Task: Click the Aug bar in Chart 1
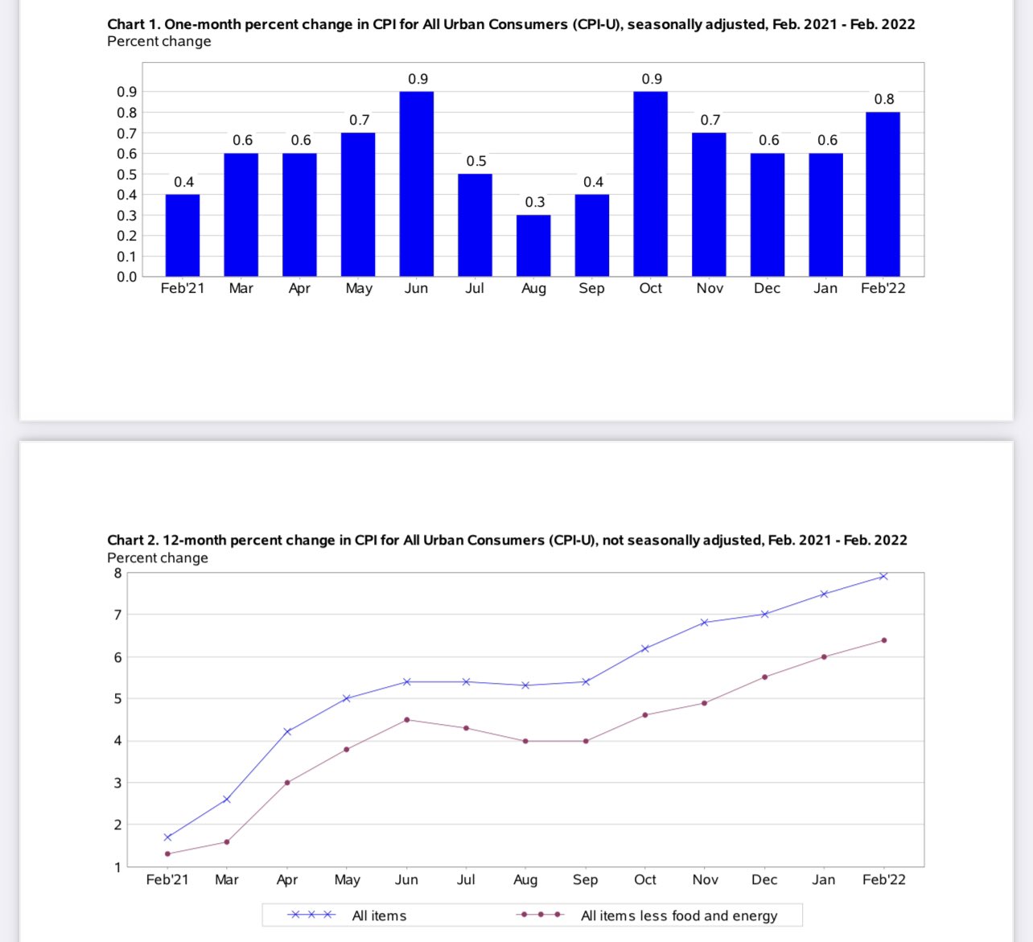[x=533, y=246]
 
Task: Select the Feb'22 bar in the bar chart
[x=883, y=195]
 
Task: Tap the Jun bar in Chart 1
[x=417, y=184]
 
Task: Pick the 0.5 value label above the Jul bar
[x=476, y=161]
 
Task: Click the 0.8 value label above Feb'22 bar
[x=884, y=99]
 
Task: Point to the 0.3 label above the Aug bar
[x=535, y=202]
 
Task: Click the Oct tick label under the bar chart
[x=650, y=288]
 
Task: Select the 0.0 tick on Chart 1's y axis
[x=127, y=277]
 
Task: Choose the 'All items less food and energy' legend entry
[x=648, y=915]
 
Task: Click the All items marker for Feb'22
[x=883, y=576]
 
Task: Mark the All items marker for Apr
[x=287, y=732]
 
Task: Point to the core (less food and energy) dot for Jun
[x=407, y=720]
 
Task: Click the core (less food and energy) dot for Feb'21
[x=167, y=854]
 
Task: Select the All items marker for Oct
[x=645, y=648]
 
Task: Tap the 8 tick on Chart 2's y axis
[x=117, y=574]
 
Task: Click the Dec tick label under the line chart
[x=764, y=879]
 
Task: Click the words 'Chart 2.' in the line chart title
[x=133, y=540]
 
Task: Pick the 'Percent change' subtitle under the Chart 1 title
[x=159, y=41]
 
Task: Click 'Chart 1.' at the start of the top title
[x=134, y=24]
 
